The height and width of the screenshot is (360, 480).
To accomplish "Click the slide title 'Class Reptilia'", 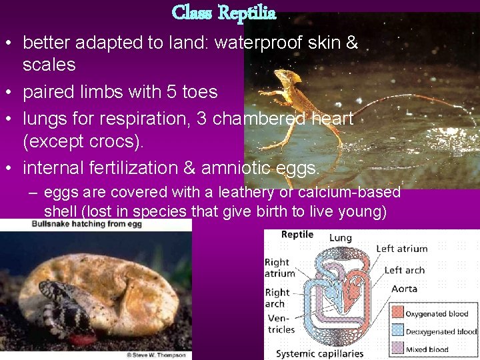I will pos(224,13).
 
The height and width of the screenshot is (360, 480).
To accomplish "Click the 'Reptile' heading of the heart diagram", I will pos(297,235).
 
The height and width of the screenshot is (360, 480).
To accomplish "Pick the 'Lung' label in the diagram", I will pos(340,237).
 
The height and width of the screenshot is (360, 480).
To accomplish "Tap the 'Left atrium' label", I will pos(401,249).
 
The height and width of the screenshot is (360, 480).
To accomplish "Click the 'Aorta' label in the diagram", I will pos(404,289).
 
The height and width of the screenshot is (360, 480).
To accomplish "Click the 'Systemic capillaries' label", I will pos(319,353).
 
